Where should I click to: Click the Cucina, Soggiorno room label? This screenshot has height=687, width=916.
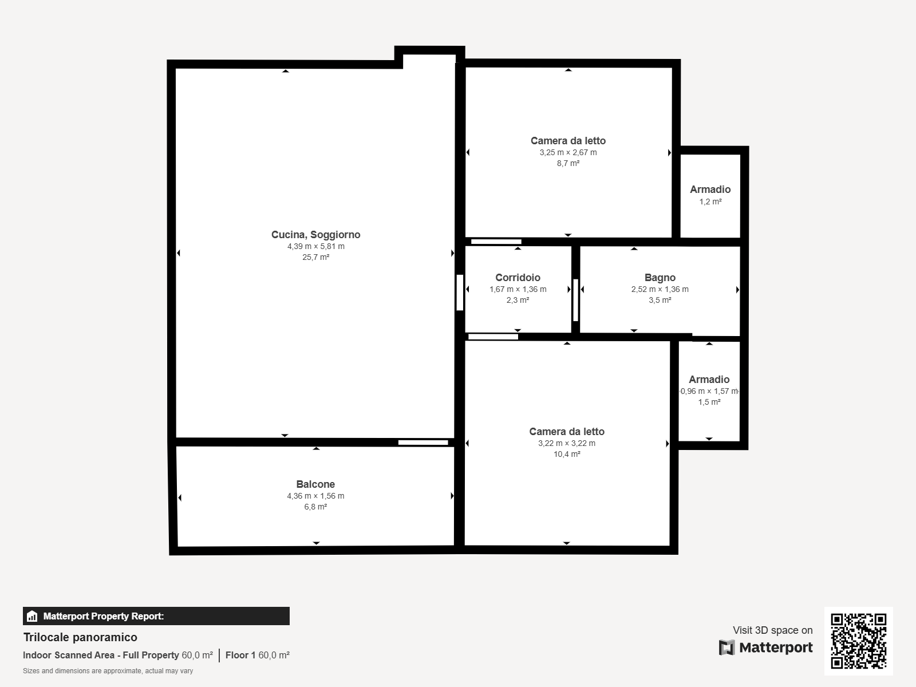pos(316,235)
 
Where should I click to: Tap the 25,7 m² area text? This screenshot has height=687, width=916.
pos(316,258)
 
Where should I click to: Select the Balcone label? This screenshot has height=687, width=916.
pos(315,484)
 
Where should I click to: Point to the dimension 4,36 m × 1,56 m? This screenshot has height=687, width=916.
pos(315,496)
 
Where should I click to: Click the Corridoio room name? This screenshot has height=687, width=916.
pos(518,278)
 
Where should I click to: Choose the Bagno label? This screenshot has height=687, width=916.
pos(660,278)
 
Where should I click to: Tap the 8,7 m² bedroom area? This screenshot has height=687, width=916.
pos(568,164)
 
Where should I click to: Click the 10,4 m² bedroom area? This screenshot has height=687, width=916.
pos(567,454)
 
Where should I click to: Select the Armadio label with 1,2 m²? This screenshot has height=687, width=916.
pos(710,189)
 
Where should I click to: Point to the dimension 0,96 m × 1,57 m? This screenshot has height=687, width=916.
pos(709,391)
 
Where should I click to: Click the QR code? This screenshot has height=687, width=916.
pos(858,641)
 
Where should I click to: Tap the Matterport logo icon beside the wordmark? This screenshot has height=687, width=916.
pos(727,647)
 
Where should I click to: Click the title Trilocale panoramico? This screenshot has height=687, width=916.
pos(80,637)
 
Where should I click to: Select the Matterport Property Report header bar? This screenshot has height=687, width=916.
pos(156,616)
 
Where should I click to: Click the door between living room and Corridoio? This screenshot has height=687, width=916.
pos(460,293)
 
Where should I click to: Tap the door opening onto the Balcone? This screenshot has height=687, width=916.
pos(423,443)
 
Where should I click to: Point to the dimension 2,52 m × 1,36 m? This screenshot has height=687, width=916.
pos(660,290)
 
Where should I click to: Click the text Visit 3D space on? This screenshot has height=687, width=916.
pos(773,630)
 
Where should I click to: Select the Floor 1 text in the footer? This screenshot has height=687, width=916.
pos(240,656)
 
